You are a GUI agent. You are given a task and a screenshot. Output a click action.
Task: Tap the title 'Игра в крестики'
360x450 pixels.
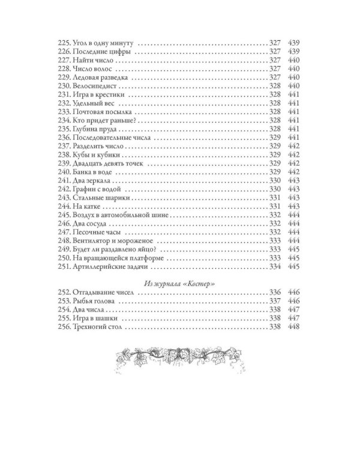100,95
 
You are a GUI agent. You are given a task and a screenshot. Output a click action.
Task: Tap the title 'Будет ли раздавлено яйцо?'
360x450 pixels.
116,249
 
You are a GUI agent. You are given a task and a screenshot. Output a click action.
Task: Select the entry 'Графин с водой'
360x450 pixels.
98,189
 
